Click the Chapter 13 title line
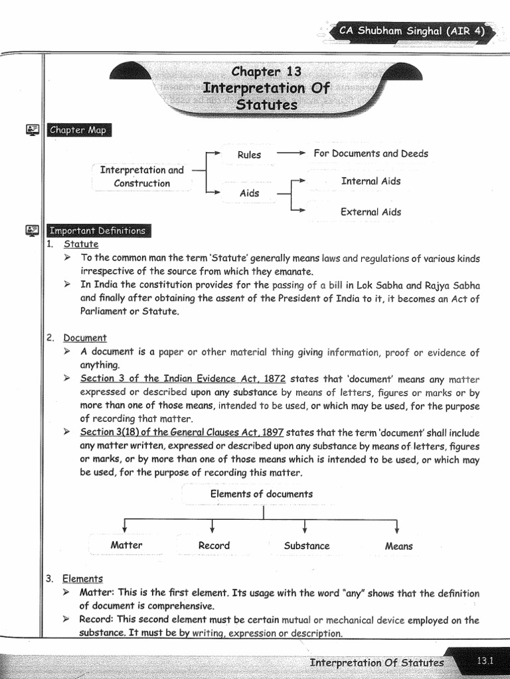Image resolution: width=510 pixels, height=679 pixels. pyautogui.click(x=266, y=72)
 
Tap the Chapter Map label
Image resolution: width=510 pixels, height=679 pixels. pyautogui.click(x=78, y=130)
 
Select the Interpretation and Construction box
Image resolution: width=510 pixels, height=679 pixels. pyautogui.click(x=141, y=176)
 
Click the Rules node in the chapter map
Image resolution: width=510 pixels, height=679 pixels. pyautogui.click(x=249, y=154)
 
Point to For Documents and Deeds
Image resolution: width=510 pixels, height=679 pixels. pyautogui.click(x=371, y=154)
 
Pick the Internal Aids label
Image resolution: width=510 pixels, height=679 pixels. pyautogui.click(x=371, y=181)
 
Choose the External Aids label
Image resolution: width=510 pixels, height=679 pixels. pyautogui.click(x=371, y=212)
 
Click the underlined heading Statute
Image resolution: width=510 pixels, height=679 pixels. pyautogui.click(x=81, y=244)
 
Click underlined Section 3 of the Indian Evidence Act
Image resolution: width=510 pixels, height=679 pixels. pyautogui.click(x=183, y=379)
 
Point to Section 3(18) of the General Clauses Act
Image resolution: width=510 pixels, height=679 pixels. pyautogui.click(x=181, y=432)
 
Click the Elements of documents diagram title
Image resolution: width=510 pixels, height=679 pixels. pyautogui.click(x=261, y=494)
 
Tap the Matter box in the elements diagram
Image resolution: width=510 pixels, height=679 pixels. pyautogui.click(x=126, y=545)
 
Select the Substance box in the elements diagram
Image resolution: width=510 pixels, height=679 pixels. pyautogui.click(x=306, y=546)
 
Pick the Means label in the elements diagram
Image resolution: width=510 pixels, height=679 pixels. pyautogui.click(x=398, y=546)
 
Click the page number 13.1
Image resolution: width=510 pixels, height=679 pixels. pyautogui.click(x=486, y=660)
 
